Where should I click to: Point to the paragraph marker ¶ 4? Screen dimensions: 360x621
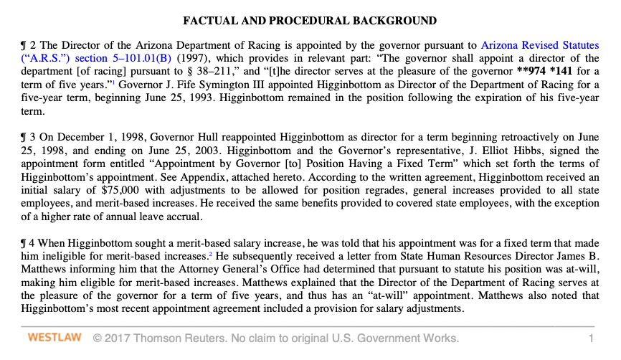point(28,242)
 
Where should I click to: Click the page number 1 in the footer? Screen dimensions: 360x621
point(591,338)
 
